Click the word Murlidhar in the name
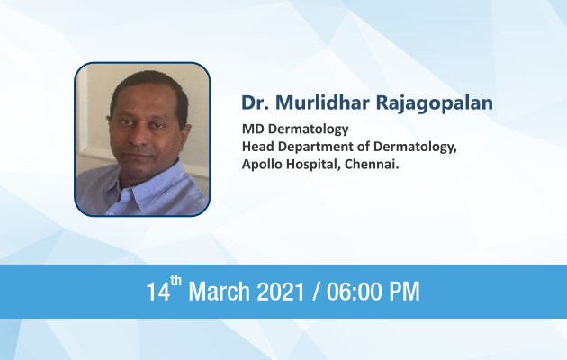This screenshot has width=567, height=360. [323, 103]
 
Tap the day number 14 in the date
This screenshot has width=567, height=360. [158, 292]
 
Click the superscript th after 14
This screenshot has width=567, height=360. [175, 281]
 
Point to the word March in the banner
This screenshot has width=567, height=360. [219, 291]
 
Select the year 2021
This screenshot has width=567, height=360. [281, 292]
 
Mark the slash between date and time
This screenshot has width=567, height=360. [316, 292]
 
